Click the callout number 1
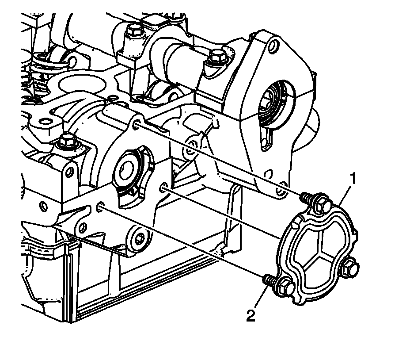point(353,179)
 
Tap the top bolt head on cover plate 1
point(322,205)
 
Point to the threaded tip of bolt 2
point(266,279)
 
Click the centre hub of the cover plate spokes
point(323,246)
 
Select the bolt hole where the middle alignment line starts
point(164,188)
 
